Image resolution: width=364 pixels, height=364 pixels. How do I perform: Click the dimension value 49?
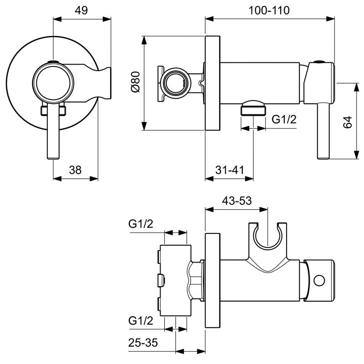click(x=81, y=10)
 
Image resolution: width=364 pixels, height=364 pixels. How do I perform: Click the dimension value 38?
click(x=75, y=170)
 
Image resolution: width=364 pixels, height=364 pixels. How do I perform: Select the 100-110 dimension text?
click(x=269, y=10)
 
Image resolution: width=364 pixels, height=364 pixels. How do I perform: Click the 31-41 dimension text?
click(x=230, y=170)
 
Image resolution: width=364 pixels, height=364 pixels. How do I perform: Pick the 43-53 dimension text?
click(x=237, y=201)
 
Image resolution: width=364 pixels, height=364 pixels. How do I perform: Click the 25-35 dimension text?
click(x=143, y=343)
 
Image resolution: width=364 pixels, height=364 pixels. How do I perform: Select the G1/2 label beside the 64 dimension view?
click(x=284, y=120)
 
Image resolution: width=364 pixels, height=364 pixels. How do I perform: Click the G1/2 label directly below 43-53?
click(x=141, y=224)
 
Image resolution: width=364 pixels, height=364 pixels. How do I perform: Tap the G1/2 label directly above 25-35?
click(x=141, y=321)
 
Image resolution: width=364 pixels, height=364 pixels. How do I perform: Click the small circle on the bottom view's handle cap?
click(x=319, y=280)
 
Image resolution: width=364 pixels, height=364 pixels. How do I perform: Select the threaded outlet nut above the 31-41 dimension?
click(x=253, y=108)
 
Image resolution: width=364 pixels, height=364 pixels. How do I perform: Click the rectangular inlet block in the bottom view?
click(x=176, y=280)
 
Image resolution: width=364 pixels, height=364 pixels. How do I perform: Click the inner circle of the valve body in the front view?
click(x=53, y=83)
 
